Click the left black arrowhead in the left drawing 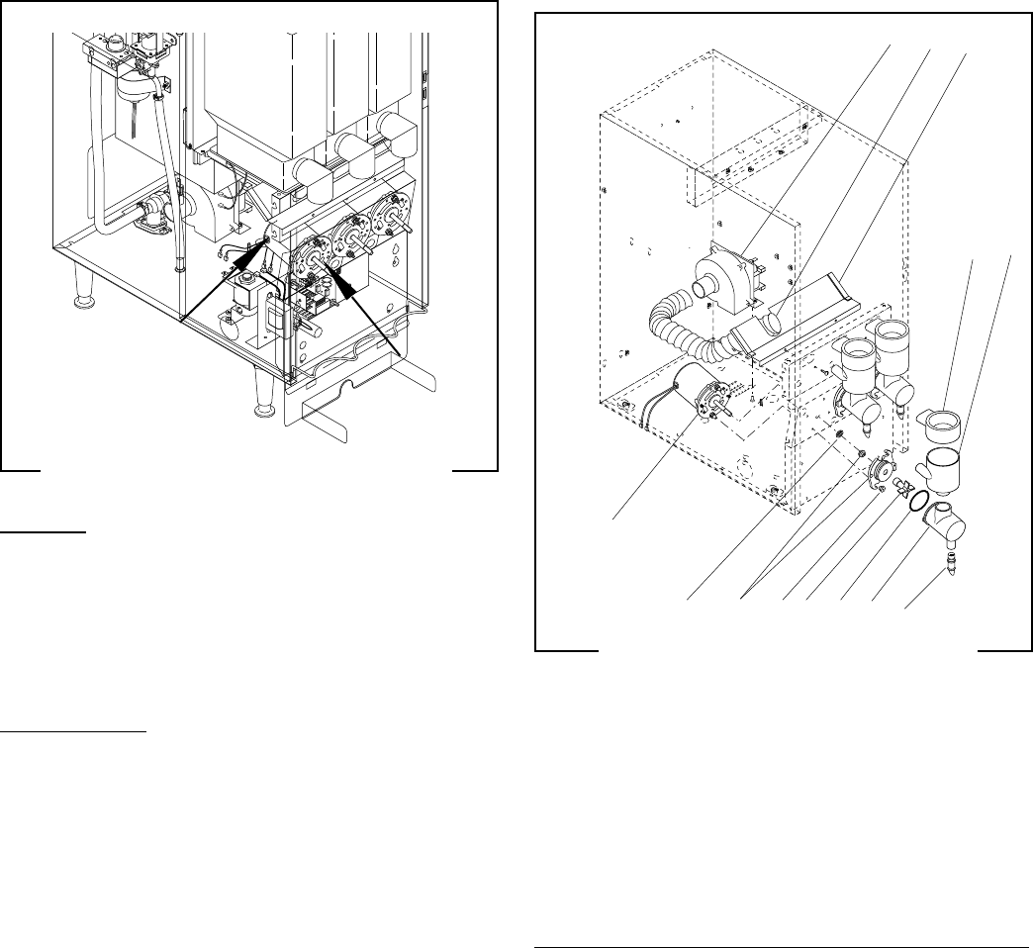(x=266, y=244)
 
